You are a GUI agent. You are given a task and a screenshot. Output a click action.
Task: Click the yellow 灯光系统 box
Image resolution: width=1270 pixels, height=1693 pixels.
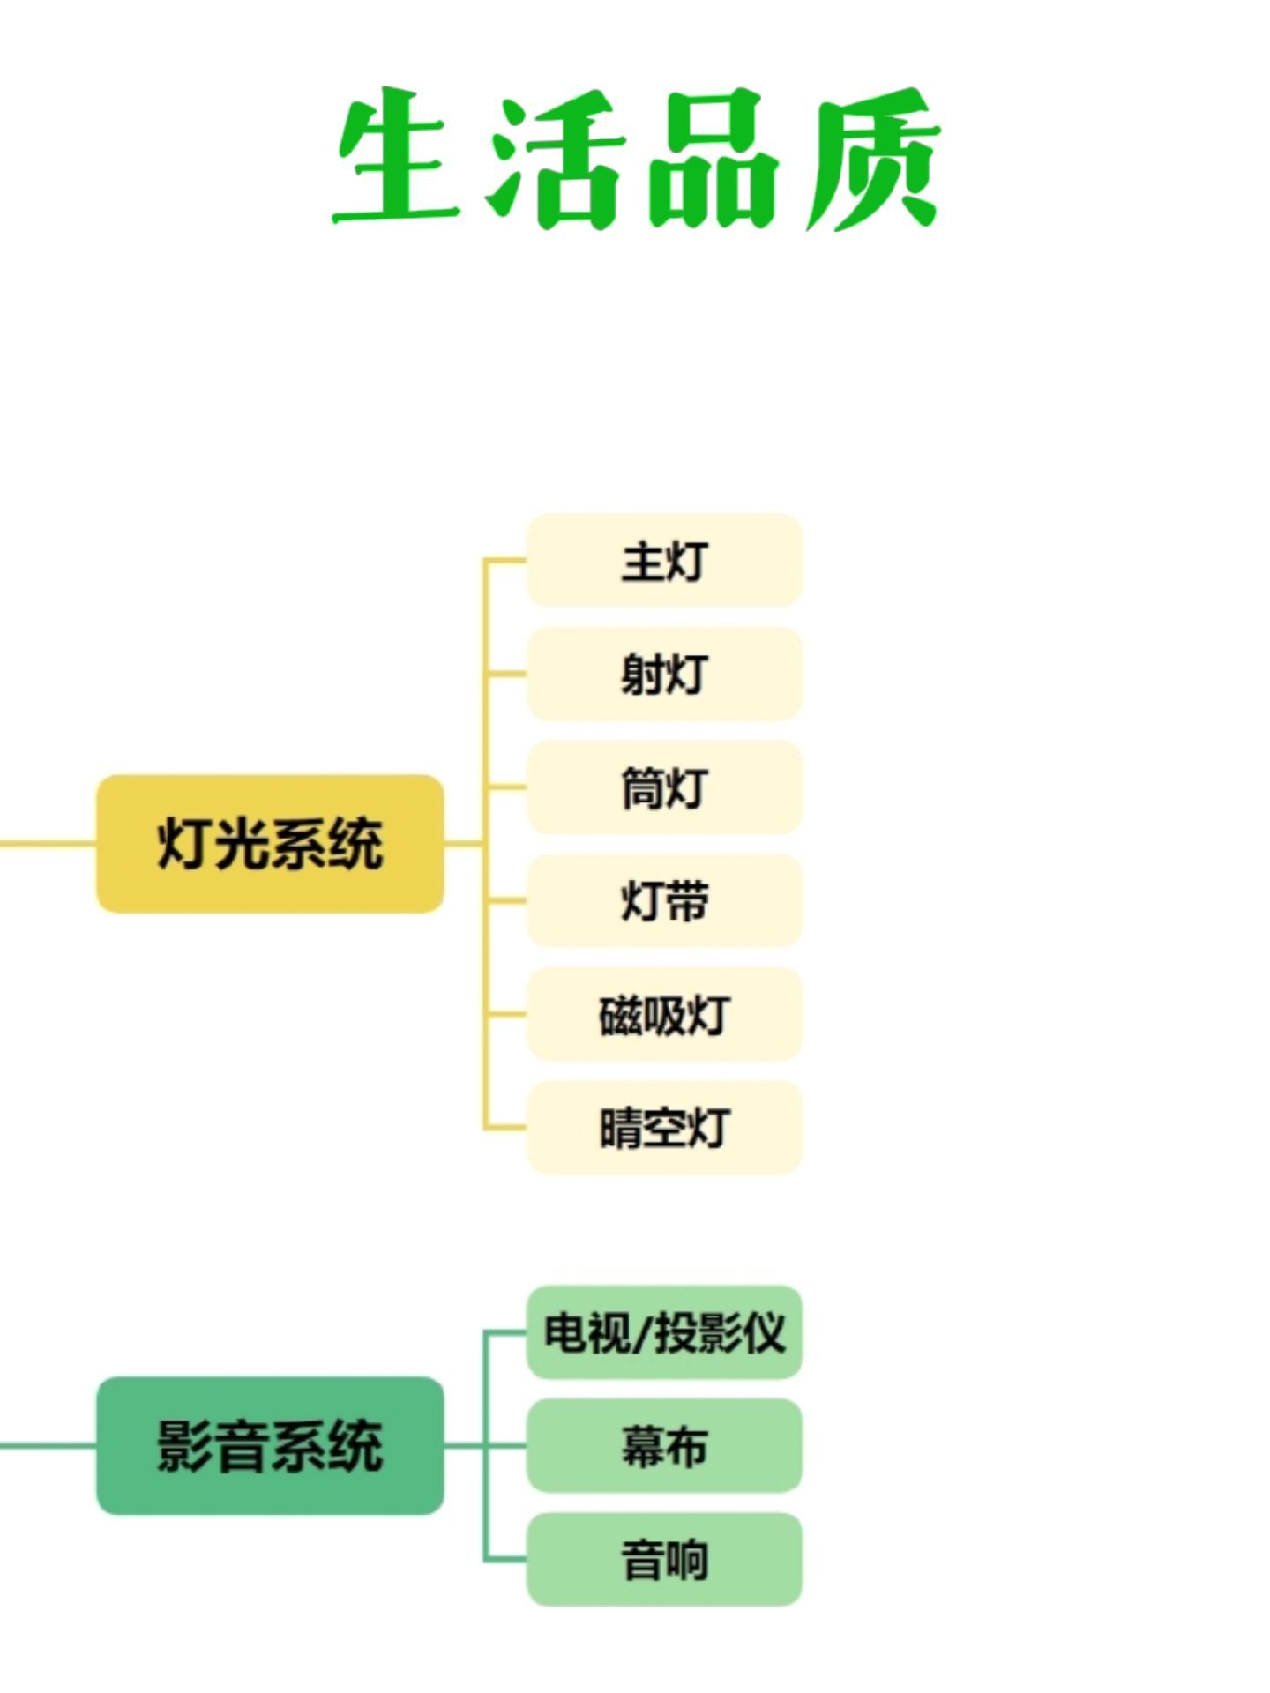[x=270, y=844]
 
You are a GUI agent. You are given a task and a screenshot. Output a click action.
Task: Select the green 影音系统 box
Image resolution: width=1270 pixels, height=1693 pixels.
[x=270, y=1446]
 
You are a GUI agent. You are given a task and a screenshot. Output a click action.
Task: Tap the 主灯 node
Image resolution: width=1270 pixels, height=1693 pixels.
[x=664, y=561]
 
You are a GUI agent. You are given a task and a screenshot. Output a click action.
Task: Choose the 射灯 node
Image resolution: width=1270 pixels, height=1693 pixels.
[x=664, y=674]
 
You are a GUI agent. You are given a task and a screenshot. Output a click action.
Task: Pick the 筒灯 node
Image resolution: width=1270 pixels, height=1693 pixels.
[x=664, y=787]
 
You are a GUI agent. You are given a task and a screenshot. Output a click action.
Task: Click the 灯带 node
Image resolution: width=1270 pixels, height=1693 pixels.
[x=664, y=900]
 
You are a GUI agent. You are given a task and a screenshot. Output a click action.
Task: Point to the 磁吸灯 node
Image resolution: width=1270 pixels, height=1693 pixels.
[x=664, y=1014]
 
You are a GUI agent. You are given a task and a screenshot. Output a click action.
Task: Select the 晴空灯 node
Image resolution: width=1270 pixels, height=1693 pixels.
[x=664, y=1127]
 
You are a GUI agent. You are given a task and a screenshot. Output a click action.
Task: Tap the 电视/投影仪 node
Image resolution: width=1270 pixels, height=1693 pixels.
[x=664, y=1332]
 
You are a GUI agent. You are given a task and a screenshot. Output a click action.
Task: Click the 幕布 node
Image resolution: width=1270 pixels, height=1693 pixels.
[x=664, y=1446]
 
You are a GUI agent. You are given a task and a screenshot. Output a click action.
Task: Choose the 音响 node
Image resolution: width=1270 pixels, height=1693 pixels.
[x=664, y=1559]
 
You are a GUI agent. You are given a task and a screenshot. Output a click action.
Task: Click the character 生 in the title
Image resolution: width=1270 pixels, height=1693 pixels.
[x=397, y=157]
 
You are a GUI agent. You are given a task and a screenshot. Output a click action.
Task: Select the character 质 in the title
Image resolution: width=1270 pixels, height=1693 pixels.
[x=873, y=159]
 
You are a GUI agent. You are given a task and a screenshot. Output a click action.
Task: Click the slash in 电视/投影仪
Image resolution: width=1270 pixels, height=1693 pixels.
[x=642, y=1333]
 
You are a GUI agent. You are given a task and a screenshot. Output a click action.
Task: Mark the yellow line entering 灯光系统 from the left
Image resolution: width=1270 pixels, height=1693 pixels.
[x=48, y=844]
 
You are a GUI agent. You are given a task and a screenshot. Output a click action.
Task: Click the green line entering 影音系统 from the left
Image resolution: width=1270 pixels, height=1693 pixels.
[x=48, y=1446]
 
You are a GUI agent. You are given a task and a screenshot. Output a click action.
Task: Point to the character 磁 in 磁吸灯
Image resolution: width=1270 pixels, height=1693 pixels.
[x=620, y=1015]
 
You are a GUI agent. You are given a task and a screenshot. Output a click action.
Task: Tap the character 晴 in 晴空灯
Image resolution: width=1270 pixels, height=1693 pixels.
[x=621, y=1128]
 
